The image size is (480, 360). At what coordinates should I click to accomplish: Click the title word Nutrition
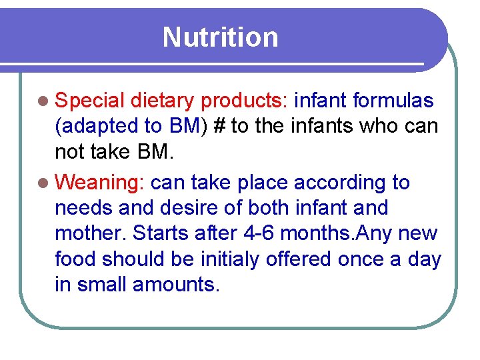[x=220, y=37]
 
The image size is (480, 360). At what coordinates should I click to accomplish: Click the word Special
[x=90, y=101]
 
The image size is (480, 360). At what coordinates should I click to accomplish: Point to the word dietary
[x=163, y=101]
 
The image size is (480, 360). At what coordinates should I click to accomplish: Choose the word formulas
[x=393, y=101]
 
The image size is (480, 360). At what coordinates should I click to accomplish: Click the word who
[x=371, y=127]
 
